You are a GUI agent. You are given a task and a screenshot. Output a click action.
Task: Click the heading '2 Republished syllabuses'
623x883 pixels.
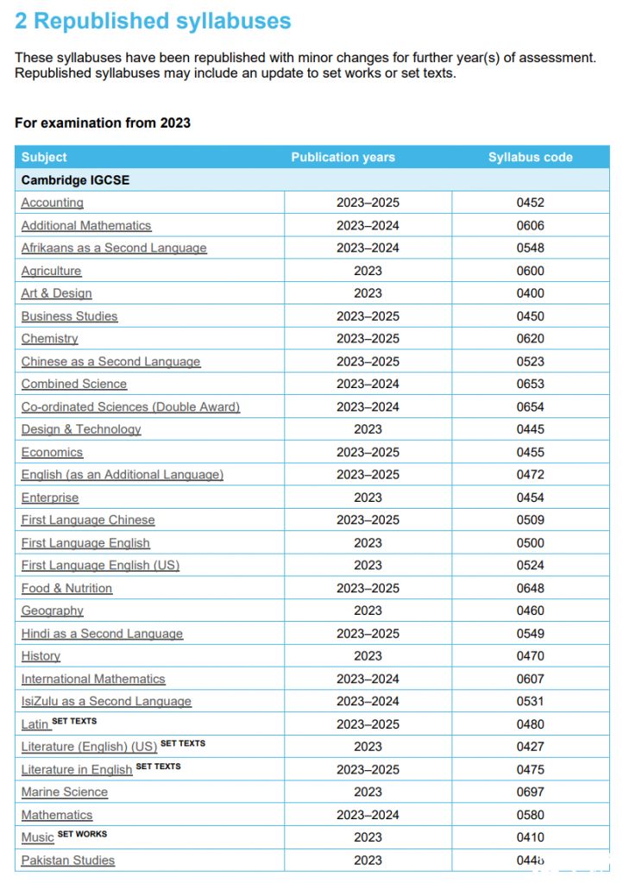pos(153,22)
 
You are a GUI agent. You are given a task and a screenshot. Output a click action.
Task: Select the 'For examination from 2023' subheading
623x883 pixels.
pos(103,122)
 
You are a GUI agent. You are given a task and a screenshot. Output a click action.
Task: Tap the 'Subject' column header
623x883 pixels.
pos(44,157)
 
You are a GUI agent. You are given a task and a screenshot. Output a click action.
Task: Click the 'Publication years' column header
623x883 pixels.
pos(343,157)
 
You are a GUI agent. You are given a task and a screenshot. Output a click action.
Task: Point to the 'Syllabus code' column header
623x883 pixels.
pos(530,157)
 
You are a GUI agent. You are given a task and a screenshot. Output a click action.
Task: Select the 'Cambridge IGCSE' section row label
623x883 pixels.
pos(75,180)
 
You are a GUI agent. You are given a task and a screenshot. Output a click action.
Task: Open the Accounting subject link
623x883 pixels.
pos(53,203)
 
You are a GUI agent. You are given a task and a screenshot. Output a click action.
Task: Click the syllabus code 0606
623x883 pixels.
pos(530,225)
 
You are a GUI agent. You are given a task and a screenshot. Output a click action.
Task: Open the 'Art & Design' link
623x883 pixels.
pos(56,293)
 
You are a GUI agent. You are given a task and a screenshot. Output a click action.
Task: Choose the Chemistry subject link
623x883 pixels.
pos(49,339)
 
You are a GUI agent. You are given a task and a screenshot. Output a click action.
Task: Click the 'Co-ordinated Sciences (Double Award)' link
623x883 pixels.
pos(130,407)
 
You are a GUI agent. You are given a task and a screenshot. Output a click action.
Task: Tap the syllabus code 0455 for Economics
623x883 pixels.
pos(530,452)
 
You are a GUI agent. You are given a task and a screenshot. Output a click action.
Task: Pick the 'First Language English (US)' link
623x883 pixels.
pos(100,566)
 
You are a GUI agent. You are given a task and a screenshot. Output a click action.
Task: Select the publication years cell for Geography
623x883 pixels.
pos(368,611)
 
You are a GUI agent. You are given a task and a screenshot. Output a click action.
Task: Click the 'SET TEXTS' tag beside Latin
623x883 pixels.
pos(74,721)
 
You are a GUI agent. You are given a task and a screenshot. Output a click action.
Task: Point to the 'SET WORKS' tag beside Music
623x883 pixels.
pos(82,834)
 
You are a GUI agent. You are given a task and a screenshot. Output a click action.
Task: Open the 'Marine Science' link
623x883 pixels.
pos(65,792)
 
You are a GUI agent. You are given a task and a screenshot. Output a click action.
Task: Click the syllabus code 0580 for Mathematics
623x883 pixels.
pos(530,815)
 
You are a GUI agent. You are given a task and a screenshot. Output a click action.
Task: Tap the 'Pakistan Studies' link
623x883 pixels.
pos(68,860)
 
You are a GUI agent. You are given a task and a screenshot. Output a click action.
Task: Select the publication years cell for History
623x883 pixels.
pos(368,656)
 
